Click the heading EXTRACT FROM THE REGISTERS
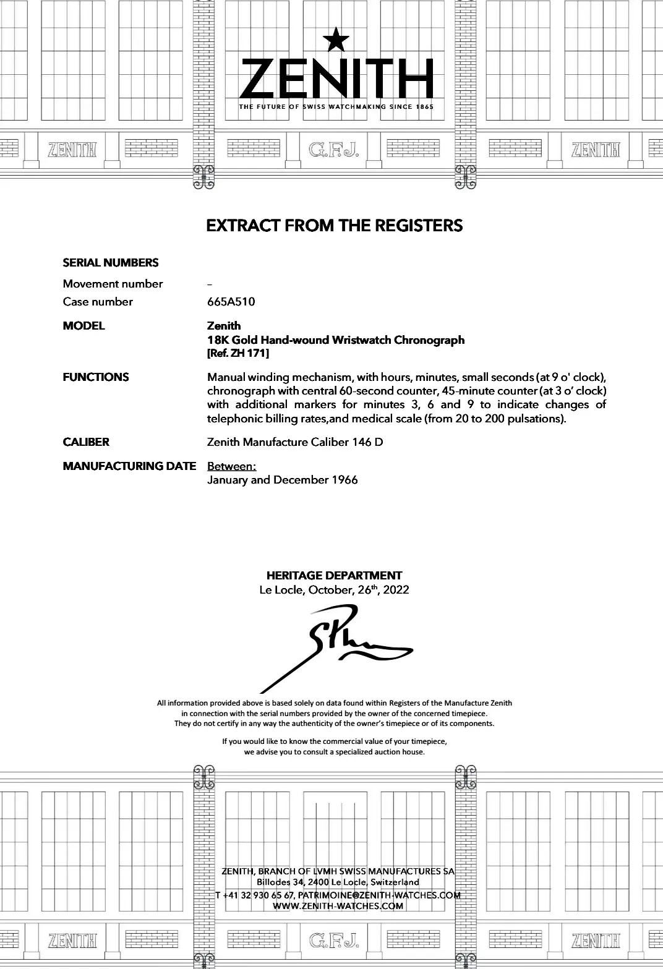click(334, 225)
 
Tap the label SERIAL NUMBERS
click(111, 263)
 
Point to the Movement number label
click(113, 284)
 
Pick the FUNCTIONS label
click(96, 377)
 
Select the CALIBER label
click(86, 442)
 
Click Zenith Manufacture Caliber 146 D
click(295, 442)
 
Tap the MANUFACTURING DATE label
click(129, 466)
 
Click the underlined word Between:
click(231, 466)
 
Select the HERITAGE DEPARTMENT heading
click(334, 575)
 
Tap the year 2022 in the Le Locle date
click(396, 590)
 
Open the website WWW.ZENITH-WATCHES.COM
click(338, 906)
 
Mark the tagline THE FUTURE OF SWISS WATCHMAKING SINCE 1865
click(336, 107)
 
